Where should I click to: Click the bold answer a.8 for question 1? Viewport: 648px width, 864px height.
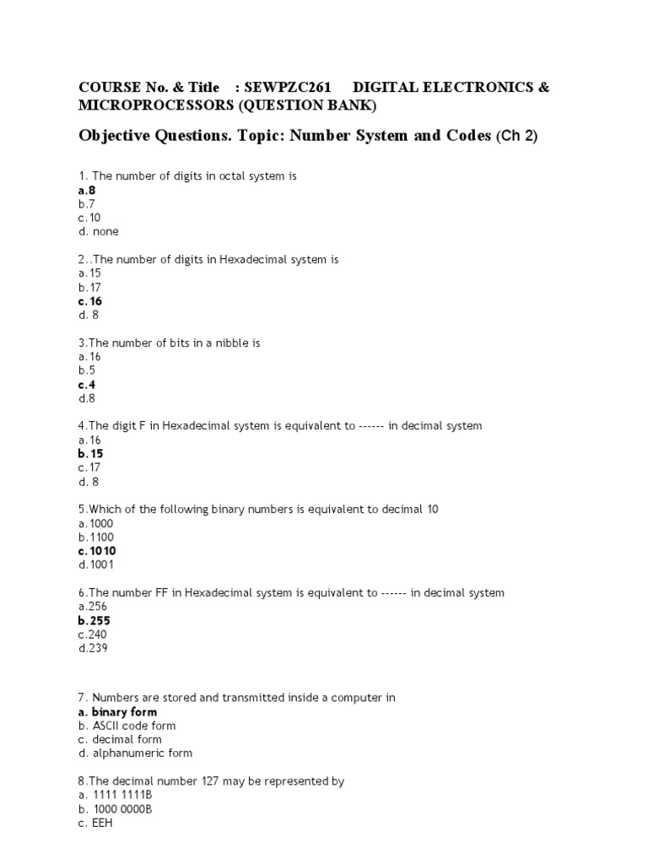click(87, 191)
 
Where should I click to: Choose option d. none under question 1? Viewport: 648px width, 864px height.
click(99, 231)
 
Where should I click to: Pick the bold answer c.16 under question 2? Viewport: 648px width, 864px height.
click(90, 301)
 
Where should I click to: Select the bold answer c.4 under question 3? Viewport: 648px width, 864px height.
click(87, 385)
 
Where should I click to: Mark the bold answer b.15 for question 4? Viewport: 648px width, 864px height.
click(90, 454)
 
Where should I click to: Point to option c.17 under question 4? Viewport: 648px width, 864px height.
click(89, 467)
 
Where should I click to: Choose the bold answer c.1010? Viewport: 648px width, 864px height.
click(97, 551)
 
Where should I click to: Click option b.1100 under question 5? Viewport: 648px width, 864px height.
click(96, 537)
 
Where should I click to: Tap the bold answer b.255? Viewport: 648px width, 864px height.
click(94, 621)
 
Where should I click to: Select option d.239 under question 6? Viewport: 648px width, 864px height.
click(93, 648)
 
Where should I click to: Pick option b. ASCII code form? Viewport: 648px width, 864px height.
click(127, 726)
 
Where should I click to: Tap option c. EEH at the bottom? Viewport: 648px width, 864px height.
click(94, 823)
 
